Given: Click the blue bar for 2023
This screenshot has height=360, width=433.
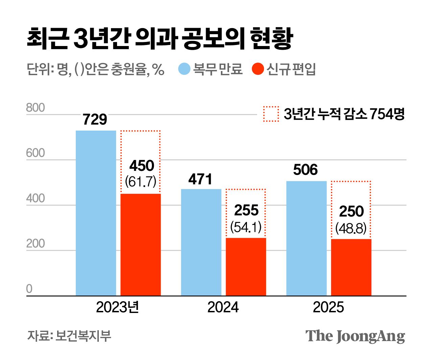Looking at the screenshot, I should (96, 213).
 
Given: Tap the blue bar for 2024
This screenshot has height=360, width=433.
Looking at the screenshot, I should (201, 242).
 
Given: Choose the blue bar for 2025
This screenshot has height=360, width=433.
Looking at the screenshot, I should (306, 238).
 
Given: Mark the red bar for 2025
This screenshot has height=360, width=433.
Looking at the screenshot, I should (351, 267).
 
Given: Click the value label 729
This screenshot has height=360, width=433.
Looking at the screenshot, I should (95, 120).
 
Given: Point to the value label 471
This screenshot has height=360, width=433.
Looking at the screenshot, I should (200, 179).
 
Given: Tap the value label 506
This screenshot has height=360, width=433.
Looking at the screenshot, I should (305, 170).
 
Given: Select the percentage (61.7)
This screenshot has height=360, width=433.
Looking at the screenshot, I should (141, 182).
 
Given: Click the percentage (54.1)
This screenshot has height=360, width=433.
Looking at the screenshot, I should (246, 227).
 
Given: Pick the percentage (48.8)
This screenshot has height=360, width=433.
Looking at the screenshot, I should (351, 228).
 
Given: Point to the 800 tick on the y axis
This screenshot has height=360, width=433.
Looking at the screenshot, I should (36, 108).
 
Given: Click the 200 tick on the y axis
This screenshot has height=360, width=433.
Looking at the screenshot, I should (36, 244).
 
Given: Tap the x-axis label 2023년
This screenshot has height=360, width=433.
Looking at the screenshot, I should (117, 307).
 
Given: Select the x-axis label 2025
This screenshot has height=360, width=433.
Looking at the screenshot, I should (328, 307).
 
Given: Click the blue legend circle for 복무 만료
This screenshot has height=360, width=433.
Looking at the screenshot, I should (184, 69).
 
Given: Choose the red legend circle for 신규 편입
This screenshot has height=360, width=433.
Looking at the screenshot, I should (258, 69).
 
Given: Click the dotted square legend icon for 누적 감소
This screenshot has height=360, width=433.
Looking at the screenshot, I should (271, 114).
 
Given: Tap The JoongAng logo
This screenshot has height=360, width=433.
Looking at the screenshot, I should (355, 336).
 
